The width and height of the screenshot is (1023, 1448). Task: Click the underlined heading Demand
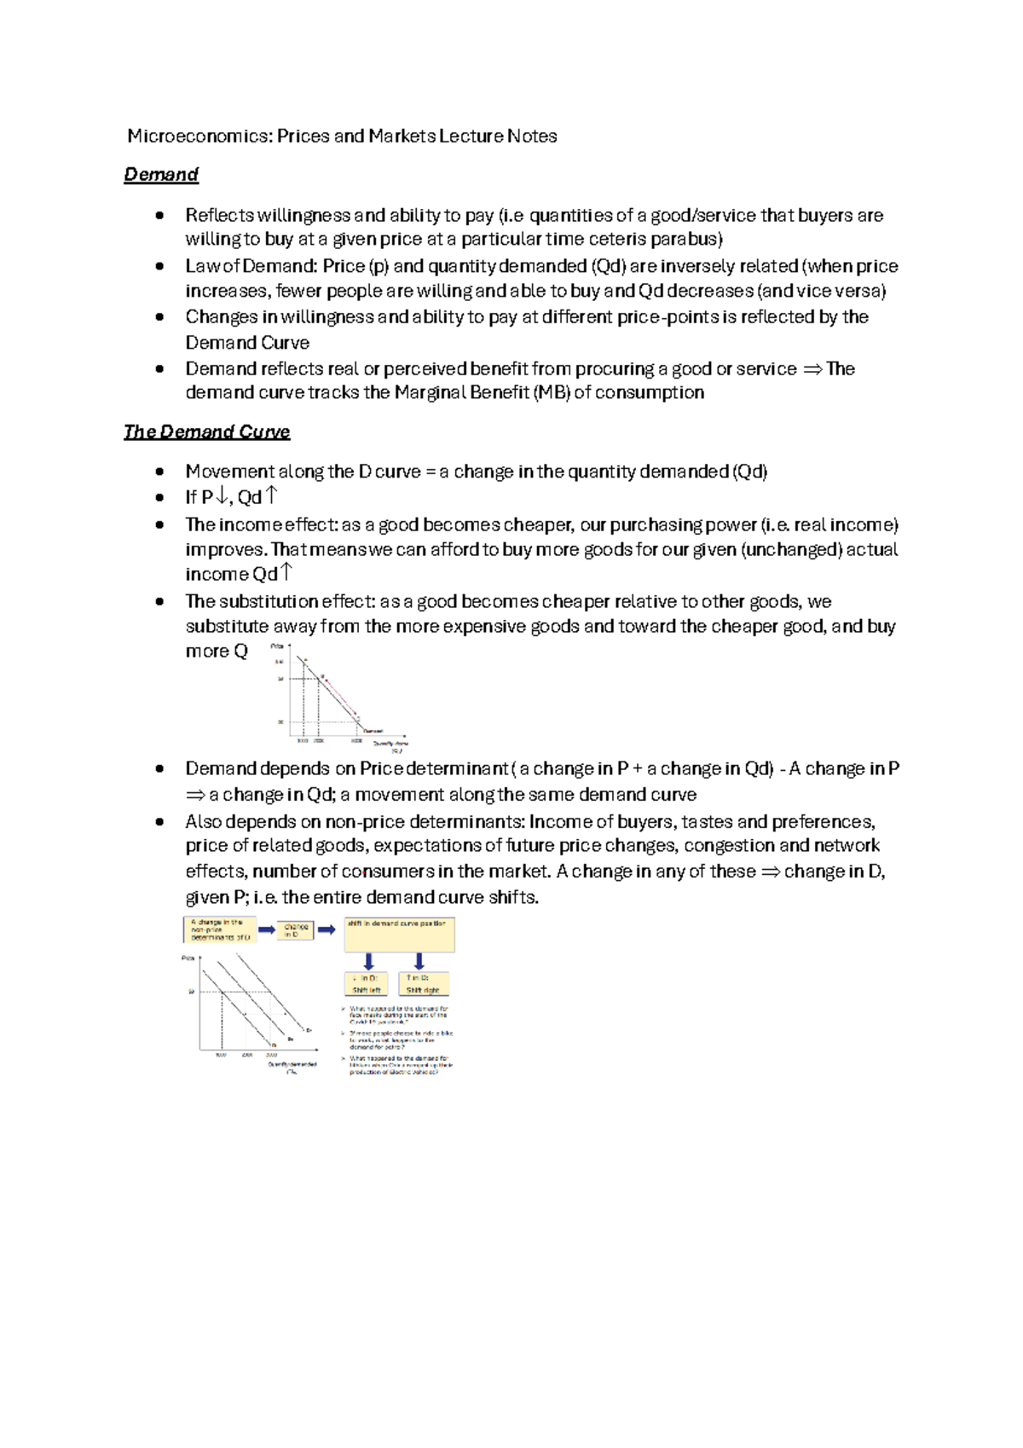(x=161, y=175)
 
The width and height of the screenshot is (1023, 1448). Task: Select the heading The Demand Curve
(x=206, y=432)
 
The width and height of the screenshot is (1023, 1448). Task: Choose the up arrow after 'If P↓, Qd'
(x=272, y=495)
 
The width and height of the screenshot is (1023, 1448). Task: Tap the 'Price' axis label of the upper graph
(x=277, y=646)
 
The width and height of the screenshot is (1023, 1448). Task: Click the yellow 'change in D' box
(x=296, y=930)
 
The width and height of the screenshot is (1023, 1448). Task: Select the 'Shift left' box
(x=367, y=984)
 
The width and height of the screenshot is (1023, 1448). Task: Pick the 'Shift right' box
(x=424, y=984)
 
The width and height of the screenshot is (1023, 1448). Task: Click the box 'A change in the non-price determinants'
(x=220, y=930)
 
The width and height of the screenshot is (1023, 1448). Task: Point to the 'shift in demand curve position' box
(x=399, y=935)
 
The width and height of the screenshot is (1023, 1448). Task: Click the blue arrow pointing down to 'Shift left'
(x=369, y=962)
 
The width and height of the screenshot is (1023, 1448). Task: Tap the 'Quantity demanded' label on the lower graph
(x=292, y=1066)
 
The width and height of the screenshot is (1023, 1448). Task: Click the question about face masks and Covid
(x=397, y=1015)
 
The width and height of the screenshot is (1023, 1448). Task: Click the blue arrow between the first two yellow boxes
(x=266, y=930)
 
